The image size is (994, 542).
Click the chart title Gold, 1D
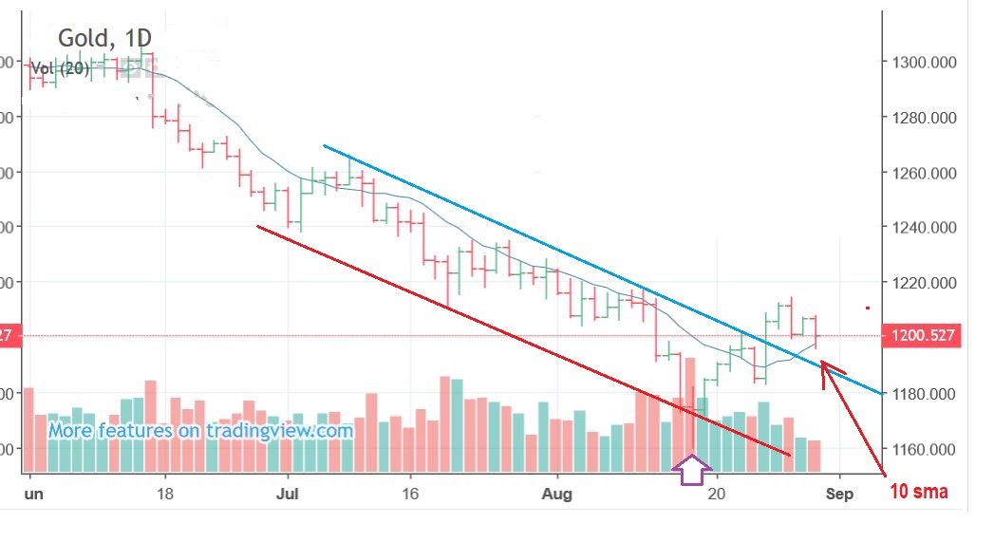(104, 38)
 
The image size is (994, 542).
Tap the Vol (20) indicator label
(61, 67)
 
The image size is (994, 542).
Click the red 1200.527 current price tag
(920, 335)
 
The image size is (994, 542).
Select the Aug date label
(557, 494)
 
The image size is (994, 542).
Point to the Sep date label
(839, 494)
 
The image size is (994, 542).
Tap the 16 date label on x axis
(409, 494)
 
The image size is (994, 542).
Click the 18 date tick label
(165, 494)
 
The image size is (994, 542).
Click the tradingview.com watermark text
(200, 431)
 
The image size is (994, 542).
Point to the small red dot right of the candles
(867, 308)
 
